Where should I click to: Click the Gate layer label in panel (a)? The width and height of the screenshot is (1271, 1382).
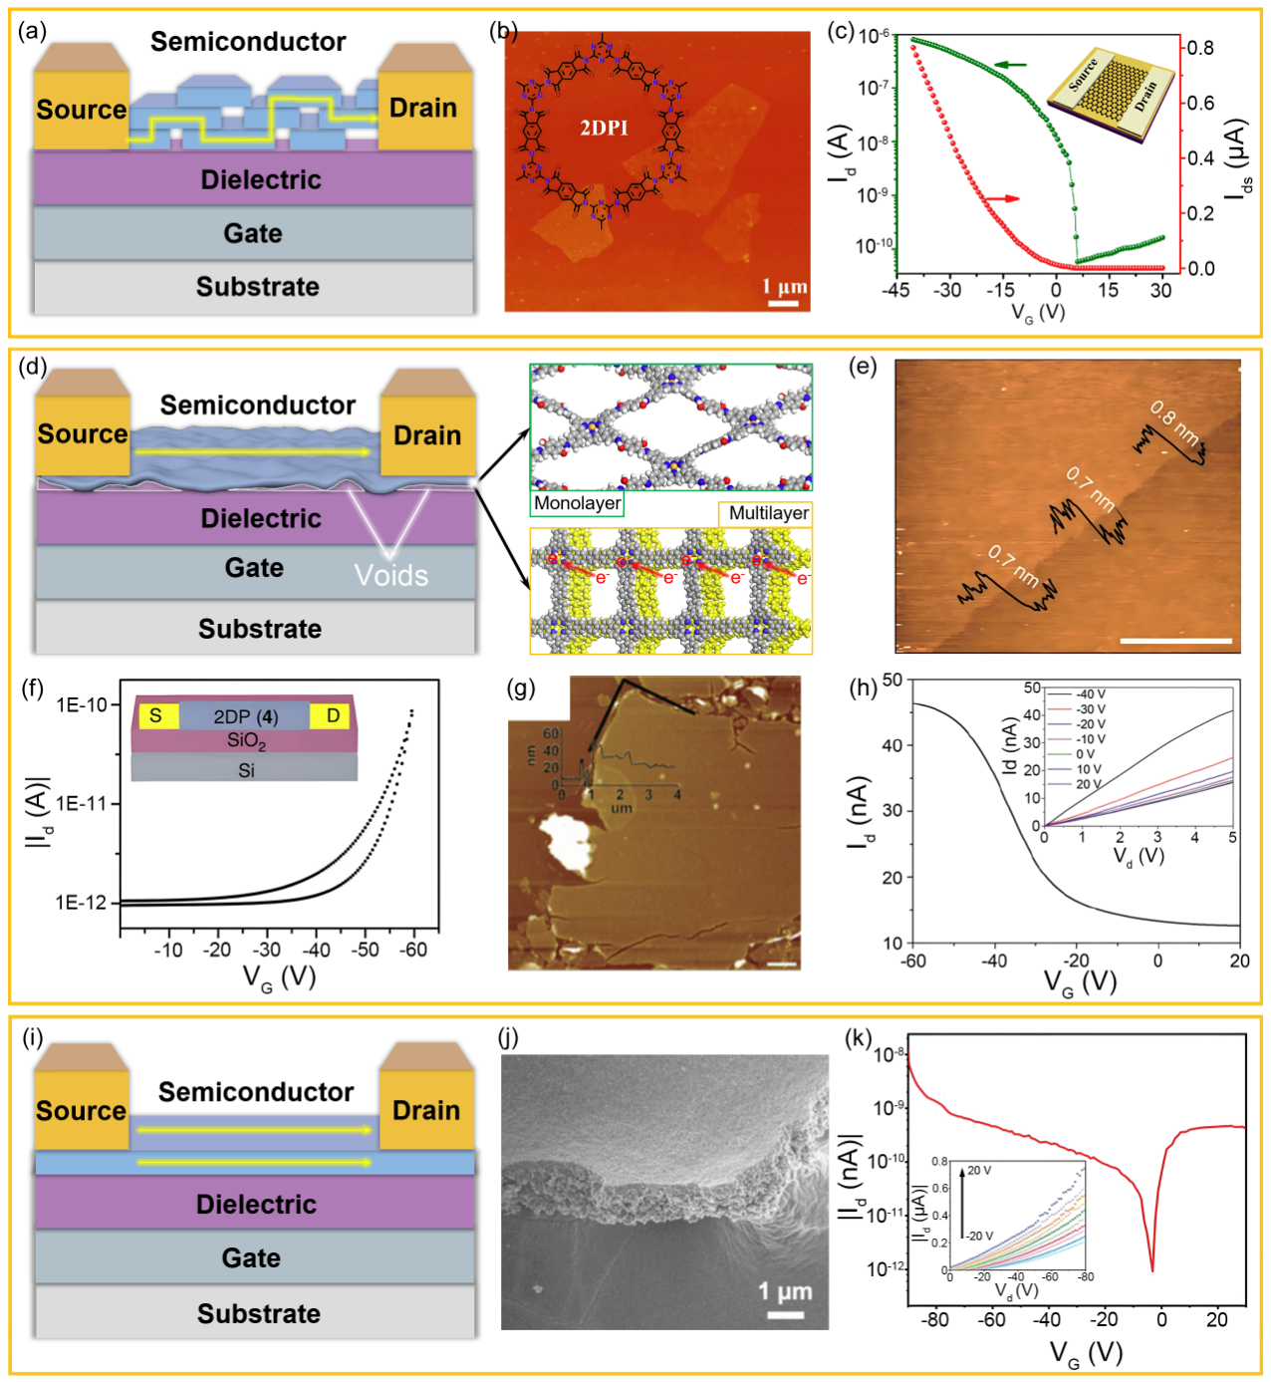click(x=253, y=233)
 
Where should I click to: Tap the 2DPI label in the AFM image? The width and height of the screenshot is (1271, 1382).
click(x=604, y=128)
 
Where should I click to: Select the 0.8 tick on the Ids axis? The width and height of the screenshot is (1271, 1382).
click(x=1200, y=48)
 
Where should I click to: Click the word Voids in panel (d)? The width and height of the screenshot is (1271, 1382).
click(x=390, y=576)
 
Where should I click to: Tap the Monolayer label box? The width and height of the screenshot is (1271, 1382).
click(x=577, y=503)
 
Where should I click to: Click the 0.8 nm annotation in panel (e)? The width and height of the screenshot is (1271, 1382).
click(x=1174, y=422)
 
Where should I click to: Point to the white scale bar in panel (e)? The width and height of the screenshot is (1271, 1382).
click(x=1175, y=641)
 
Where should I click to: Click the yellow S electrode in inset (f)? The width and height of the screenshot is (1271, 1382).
click(x=155, y=715)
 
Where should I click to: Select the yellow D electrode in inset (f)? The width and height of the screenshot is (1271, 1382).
click(x=333, y=715)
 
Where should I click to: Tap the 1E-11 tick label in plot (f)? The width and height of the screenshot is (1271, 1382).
click(x=81, y=803)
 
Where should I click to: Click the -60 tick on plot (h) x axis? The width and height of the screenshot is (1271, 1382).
click(x=913, y=962)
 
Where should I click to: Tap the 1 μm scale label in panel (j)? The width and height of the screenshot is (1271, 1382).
click(x=785, y=1292)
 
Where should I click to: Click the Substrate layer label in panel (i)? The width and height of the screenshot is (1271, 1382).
click(x=258, y=1313)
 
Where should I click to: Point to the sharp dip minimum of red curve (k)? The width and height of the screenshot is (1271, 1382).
click(x=1152, y=1270)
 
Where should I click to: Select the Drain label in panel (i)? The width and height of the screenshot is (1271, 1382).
click(x=426, y=1110)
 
